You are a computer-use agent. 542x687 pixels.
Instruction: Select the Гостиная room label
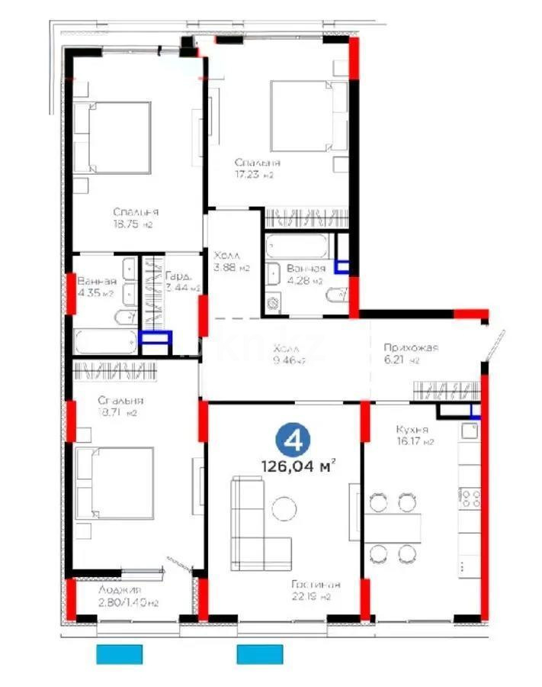click(315, 585)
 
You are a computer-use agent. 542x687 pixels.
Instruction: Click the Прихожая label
click(411, 348)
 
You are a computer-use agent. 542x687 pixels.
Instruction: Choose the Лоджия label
click(120, 590)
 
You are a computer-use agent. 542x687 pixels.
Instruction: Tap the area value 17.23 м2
click(254, 175)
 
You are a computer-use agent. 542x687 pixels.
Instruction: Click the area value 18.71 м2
click(117, 413)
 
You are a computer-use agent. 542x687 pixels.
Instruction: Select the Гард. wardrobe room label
click(177, 277)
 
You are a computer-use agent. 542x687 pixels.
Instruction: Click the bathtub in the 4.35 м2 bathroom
click(106, 341)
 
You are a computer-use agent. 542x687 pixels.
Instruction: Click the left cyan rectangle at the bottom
click(120, 654)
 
